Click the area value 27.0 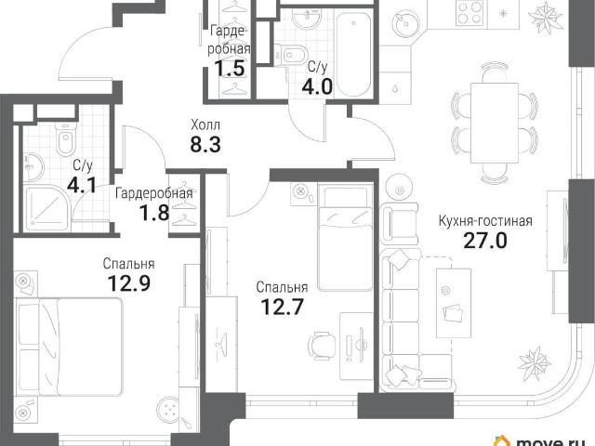pyautogui.click(x=485, y=241)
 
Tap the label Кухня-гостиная pyautogui.click(x=485, y=221)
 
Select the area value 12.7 pyautogui.click(x=283, y=307)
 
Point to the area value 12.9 pyautogui.click(x=129, y=282)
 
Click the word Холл pyautogui.click(x=205, y=125)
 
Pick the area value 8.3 pyautogui.click(x=205, y=144)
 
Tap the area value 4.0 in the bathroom pyautogui.click(x=317, y=86)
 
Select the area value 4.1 pyautogui.click(x=82, y=185)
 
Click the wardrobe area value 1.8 pyautogui.click(x=154, y=213)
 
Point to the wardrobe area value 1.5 pyautogui.click(x=230, y=68)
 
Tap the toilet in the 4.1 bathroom pyautogui.click(x=66, y=138)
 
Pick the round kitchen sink pyautogui.click(x=406, y=22)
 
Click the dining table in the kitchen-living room pyautogui.click(x=494, y=123)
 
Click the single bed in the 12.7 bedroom pyautogui.click(x=345, y=238)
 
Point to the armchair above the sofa pyautogui.click(x=399, y=223)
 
